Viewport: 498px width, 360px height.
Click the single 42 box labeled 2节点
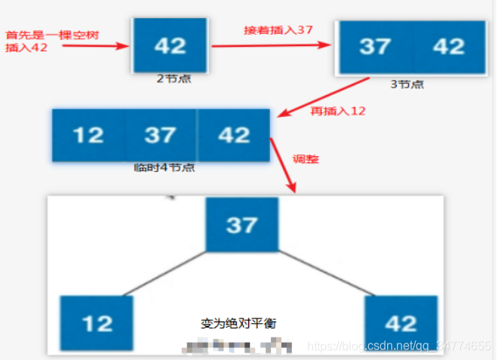[x=170, y=45]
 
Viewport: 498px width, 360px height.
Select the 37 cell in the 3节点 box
[x=375, y=47]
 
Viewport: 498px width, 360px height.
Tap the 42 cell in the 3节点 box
[x=448, y=47]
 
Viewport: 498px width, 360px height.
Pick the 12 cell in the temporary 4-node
[x=88, y=135]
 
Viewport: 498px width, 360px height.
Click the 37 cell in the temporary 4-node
[x=160, y=135]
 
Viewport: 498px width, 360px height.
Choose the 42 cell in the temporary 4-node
[x=232, y=135]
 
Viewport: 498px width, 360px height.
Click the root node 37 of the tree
[x=241, y=225]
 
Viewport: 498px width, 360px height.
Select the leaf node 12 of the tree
[x=97, y=323]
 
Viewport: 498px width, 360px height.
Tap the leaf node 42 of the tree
[x=400, y=323]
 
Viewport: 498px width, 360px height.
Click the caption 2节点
[x=171, y=78]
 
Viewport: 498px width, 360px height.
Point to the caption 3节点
[x=407, y=84]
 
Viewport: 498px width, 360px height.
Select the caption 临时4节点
[x=164, y=168]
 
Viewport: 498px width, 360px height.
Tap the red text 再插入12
[x=338, y=111]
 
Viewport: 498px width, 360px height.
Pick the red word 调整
[x=305, y=160]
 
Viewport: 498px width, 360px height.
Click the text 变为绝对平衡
[x=239, y=323]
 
